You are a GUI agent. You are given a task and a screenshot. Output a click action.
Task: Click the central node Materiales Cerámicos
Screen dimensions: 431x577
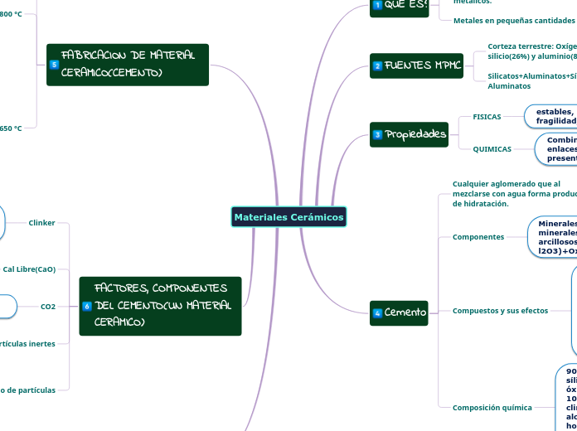(288, 217)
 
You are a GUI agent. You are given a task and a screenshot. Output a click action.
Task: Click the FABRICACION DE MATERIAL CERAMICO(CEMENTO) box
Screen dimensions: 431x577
(128, 65)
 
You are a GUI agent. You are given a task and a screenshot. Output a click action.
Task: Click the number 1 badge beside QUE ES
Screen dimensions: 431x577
(378, 6)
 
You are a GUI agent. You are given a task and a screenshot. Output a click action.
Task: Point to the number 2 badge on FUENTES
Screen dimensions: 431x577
(378, 65)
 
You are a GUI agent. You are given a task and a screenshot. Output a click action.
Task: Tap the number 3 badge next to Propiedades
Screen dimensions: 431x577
(378, 134)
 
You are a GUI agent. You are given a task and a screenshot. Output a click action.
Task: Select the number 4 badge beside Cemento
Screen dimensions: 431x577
(378, 312)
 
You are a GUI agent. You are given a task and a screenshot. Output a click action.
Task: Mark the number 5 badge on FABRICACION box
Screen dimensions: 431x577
(55, 65)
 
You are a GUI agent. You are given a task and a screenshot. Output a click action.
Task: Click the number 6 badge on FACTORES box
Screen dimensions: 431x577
(87, 308)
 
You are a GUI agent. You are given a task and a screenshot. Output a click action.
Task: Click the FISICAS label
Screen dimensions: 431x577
(487, 117)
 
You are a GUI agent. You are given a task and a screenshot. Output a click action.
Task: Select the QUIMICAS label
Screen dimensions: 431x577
(492, 149)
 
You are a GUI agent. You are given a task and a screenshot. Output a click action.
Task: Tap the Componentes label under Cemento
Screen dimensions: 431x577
(478, 237)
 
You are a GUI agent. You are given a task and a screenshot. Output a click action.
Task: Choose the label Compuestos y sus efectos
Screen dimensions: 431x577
(500, 311)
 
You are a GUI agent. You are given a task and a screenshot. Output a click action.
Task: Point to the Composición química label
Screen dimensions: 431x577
(492, 408)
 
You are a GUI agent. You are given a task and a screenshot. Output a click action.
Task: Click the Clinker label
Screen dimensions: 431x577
(41, 223)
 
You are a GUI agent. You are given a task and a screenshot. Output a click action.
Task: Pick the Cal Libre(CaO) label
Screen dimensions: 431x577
(29, 269)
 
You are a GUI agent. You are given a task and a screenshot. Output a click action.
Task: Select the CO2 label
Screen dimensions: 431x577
(48, 307)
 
